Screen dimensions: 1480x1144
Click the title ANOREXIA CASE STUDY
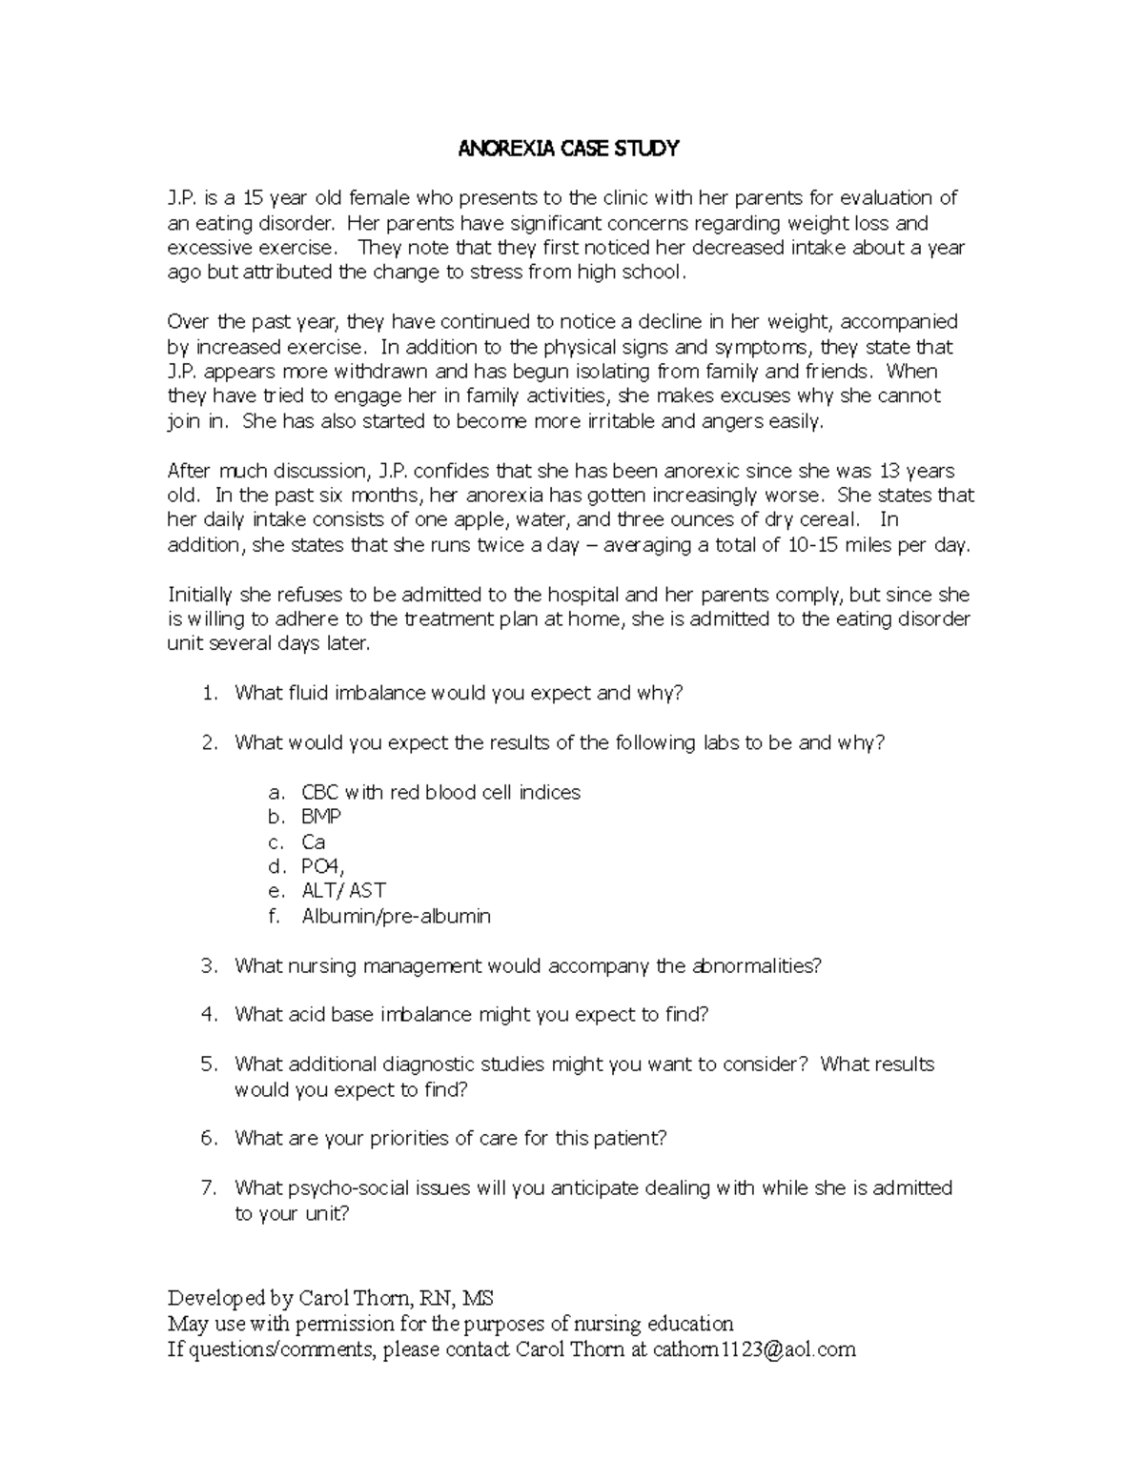tap(569, 148)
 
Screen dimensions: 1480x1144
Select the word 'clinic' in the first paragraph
tap(622, 198)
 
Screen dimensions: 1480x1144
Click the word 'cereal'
tap(826, 519)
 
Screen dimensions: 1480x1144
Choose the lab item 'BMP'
tap(321, 817)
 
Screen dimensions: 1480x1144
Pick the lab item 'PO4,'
tap(323, 866)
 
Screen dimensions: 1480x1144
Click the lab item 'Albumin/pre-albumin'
tap(396, 916)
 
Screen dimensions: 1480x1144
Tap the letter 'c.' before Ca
tap(276, 841)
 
